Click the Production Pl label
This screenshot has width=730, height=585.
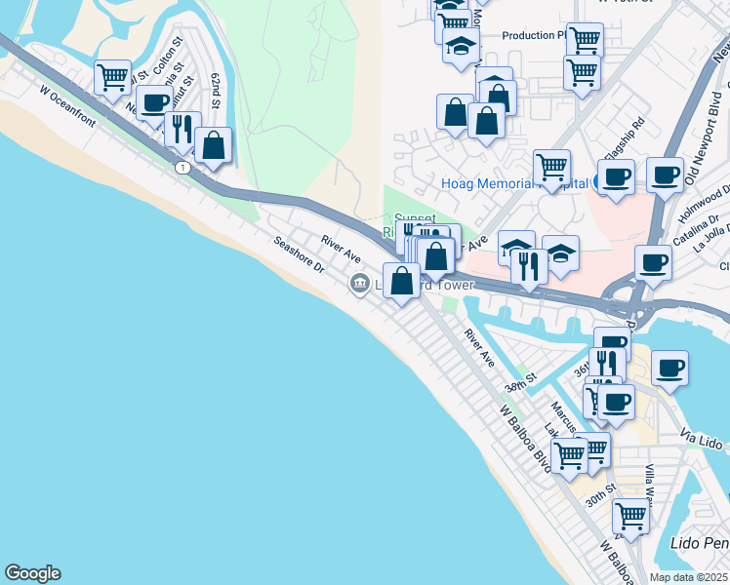click(x=533, y=36)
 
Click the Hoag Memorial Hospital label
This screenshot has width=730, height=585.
click(x=513, y=183)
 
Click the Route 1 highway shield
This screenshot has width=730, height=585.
click(x=182, y=169)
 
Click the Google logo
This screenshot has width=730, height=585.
click(x=32, y=573)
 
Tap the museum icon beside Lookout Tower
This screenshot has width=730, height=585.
click(x=359, y=285)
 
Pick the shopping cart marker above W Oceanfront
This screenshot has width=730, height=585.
click(x=113, y=75)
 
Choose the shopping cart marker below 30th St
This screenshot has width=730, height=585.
click(x=630, y=515)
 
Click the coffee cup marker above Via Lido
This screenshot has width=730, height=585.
click(x=669, y=368)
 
